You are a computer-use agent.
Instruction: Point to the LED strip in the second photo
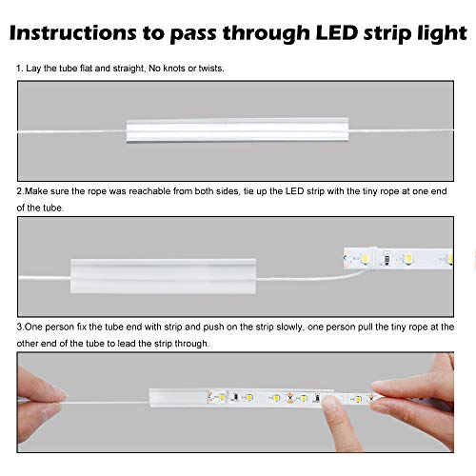[400, 258]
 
